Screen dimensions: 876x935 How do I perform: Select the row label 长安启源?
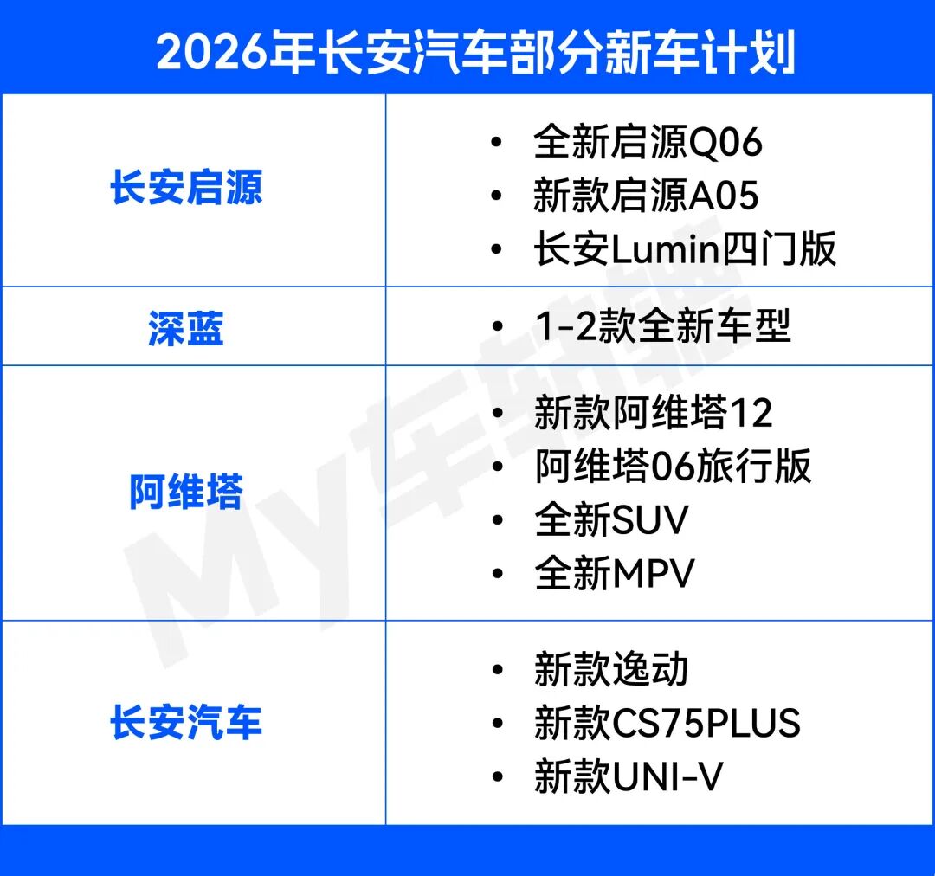point(186,189)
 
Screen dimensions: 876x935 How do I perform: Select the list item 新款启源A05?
point(646,196)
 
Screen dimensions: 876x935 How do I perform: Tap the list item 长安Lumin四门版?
point(685,250)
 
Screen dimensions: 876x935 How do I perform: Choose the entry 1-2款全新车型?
point(662,327)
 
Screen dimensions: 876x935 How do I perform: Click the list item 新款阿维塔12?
point(653,413)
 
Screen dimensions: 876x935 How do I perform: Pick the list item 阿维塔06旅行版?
point(673,467)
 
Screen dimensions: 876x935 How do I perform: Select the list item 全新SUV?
point(611,520)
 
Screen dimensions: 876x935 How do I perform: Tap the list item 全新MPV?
point(615,574)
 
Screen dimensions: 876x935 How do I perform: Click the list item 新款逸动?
point(611,670)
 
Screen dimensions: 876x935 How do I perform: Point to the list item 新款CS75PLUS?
point(667,724)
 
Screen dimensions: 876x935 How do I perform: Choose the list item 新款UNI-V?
point(629,776)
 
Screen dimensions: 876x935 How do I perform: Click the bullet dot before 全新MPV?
point(497,574)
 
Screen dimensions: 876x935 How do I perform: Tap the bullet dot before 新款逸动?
point(497,670)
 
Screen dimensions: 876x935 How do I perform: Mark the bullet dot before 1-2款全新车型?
point(497,327)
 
